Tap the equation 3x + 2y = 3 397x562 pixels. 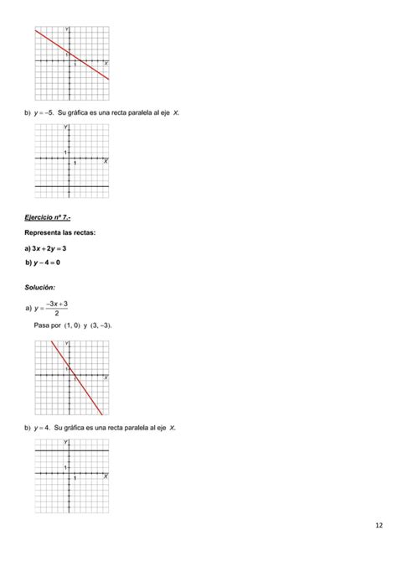(49, 248)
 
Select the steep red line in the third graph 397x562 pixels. (80, 382)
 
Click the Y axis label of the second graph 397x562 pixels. (66, 127)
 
